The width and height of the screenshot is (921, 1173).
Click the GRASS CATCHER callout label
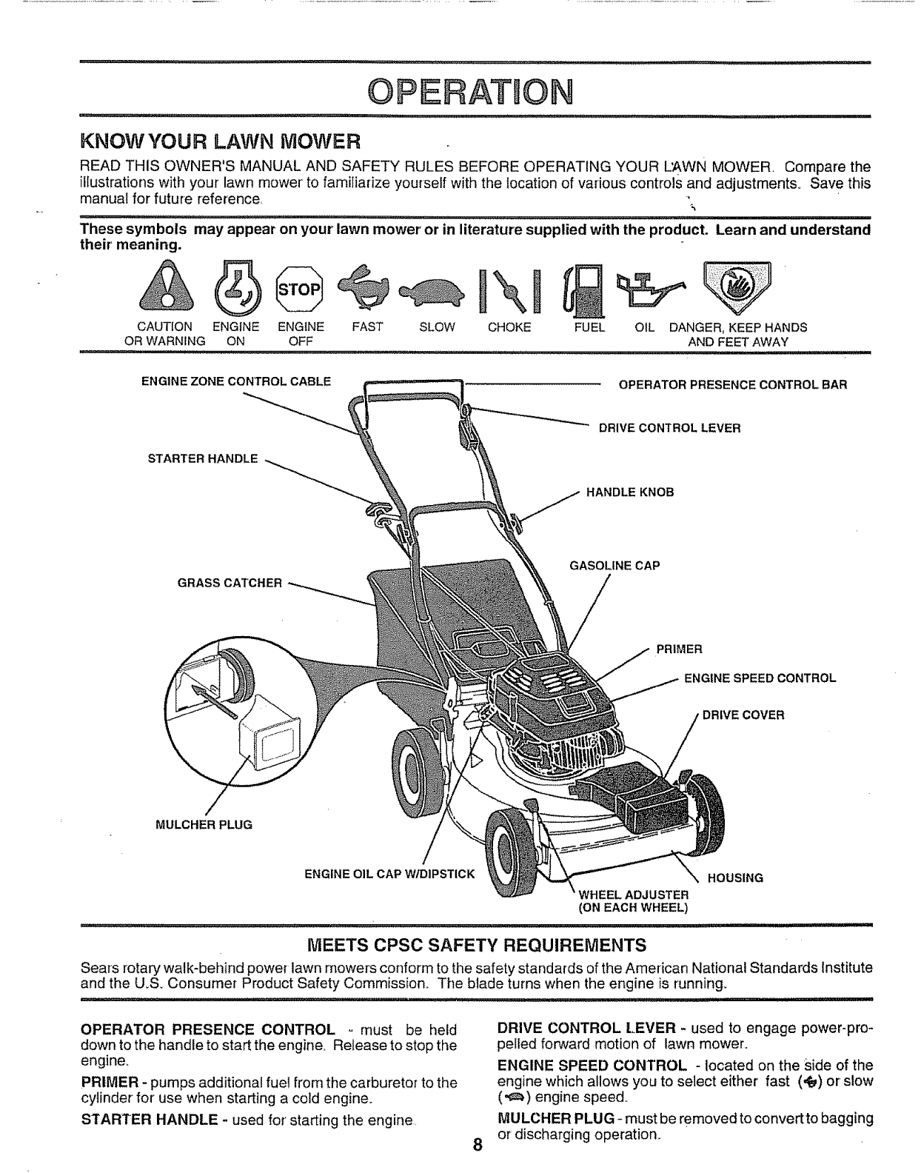[x=230, y=583]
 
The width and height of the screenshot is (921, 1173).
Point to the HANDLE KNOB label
[x=630, y=492]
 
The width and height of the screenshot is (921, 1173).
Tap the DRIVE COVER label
[x=743, y=715]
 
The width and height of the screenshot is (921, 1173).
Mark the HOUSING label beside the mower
[x=735, y=878]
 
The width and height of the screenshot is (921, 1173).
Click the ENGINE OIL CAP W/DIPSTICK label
[x=389, y=874]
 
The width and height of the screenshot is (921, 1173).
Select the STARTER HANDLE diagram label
[x=203, y=458]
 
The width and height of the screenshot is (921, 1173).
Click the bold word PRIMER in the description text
[x=107, y=1083]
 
